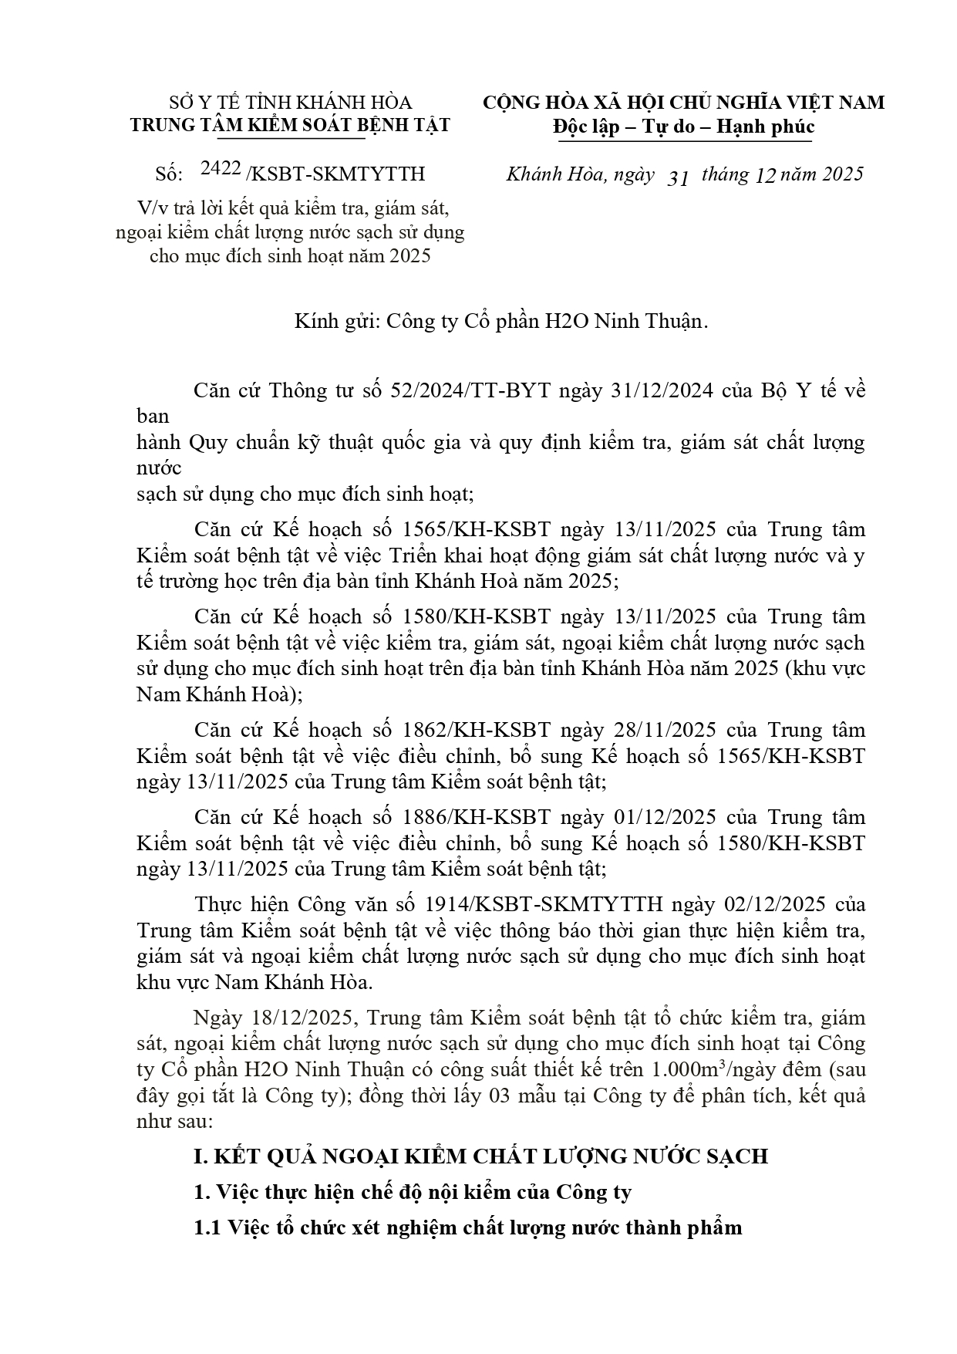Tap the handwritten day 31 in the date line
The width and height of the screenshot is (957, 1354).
pyautogui.click(x=676, y=177)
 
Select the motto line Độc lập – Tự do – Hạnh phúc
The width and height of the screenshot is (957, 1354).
pyautogui.click(x=683, y=127)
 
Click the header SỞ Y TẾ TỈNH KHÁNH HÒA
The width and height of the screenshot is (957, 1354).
pyautogui.click(x=290, y=103)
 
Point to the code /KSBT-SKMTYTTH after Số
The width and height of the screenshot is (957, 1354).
pyautogui.click(x=335, y=174)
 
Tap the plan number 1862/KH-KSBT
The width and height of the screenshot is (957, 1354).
pyautogui.click(x=477, y=730)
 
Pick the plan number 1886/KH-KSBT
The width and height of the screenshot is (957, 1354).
pyautogui.click(x=477, y=817)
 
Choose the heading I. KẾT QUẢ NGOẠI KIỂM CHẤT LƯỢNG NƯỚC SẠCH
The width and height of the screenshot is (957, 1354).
pyautogui.click(x=480, y=1156)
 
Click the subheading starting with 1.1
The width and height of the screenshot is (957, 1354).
pyautogui.click(x=467, y=1227)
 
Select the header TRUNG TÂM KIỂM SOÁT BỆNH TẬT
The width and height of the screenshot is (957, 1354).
pyautogui.click(x=290, y=126)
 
